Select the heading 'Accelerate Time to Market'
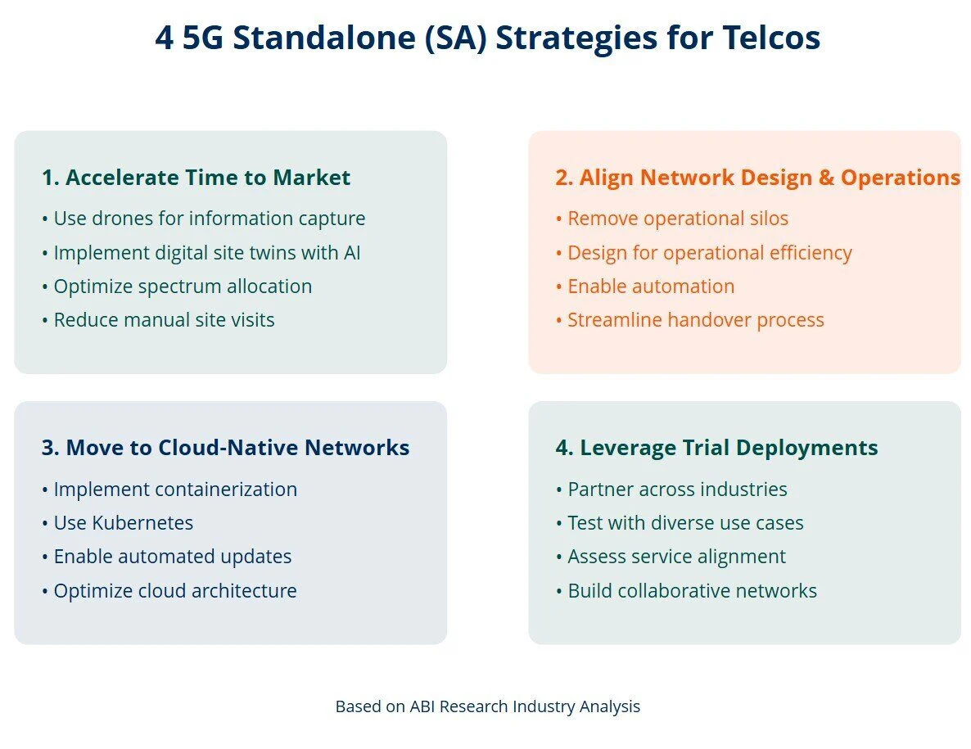(x=196, y=178)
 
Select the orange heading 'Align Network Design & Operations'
(x=757, y=178)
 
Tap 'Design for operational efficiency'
(x=703, y=253)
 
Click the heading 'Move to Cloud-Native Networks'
(x=225, y=448)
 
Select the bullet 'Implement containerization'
(x=169, y=490)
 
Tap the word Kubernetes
(x=144, y=523)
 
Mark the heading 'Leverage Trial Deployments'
(x=716, y=448)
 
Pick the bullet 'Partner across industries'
(x=671, y=490)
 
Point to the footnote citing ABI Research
(x=487, y=706)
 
